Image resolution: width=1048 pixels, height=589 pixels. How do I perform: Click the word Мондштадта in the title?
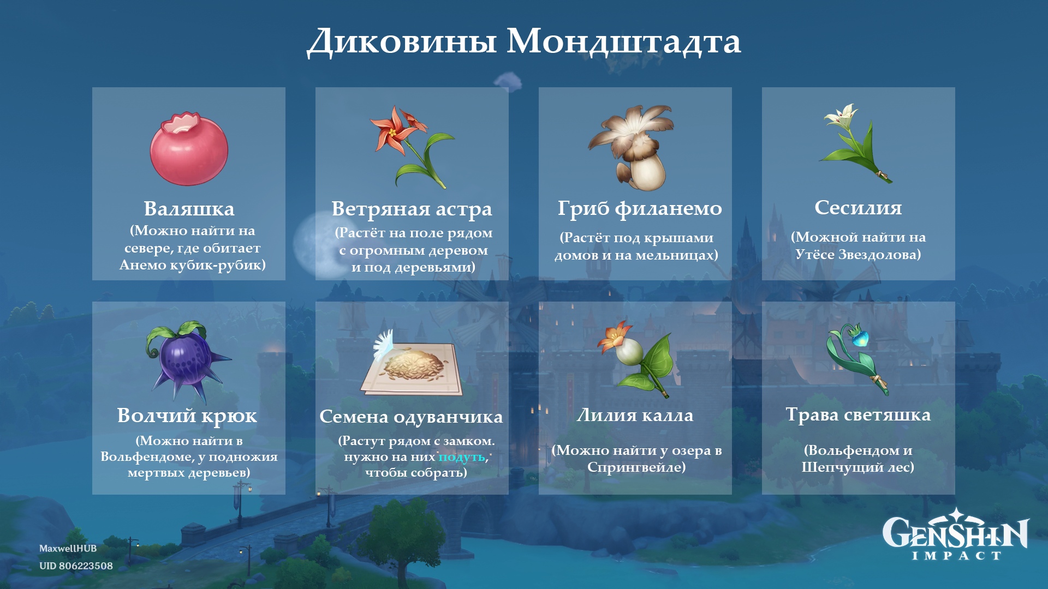point(624,41)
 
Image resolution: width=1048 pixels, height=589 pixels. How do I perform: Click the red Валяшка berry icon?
point(189,149)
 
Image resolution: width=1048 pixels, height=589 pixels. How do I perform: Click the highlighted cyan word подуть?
point(462,456)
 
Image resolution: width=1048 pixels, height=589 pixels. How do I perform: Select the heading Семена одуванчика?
point(411,417)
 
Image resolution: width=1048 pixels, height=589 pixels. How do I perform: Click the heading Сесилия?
point(858,207)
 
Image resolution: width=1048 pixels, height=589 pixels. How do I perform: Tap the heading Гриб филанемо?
point(640,208)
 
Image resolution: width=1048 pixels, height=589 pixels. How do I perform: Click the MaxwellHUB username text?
point(68,549)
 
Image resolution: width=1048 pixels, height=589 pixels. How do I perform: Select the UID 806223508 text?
point(76,566)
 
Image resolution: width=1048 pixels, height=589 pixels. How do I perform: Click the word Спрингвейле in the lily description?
point(636,467)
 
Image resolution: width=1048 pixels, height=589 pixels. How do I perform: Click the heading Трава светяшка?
point(858,415)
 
